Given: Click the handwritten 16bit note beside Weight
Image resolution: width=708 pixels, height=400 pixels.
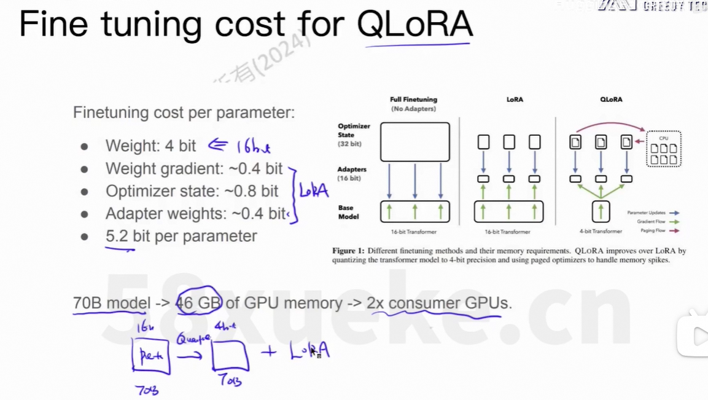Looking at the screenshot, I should (x=253, y=146).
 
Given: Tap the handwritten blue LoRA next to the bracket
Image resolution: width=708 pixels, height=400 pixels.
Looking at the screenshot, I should (x=313, y=190).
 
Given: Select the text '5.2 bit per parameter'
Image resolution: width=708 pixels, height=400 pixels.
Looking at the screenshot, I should (x=181, y=236).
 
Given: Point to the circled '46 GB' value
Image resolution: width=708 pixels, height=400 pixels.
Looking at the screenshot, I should (x=198, y=302).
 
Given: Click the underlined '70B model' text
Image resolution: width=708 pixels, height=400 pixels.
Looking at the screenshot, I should (x=111, y=302).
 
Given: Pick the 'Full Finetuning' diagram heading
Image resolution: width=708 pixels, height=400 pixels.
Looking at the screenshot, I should (x=413, y=100).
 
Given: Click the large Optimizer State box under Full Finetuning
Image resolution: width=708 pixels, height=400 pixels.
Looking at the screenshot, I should (x=414, y=142).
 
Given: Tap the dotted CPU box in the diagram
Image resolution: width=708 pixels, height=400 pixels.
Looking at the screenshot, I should (x=663, y=149).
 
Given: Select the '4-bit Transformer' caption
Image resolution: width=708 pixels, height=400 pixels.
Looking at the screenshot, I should (x=601, y=232).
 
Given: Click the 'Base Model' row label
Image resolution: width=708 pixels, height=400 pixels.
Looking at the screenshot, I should (x=348, y=212).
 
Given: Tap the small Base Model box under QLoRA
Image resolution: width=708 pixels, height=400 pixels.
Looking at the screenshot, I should (x=601, y=211).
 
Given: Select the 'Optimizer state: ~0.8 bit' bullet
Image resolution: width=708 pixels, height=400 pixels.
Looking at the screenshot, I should (x=192, y=191).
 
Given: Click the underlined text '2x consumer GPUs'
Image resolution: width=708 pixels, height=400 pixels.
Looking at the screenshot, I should (x=438, y=302).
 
